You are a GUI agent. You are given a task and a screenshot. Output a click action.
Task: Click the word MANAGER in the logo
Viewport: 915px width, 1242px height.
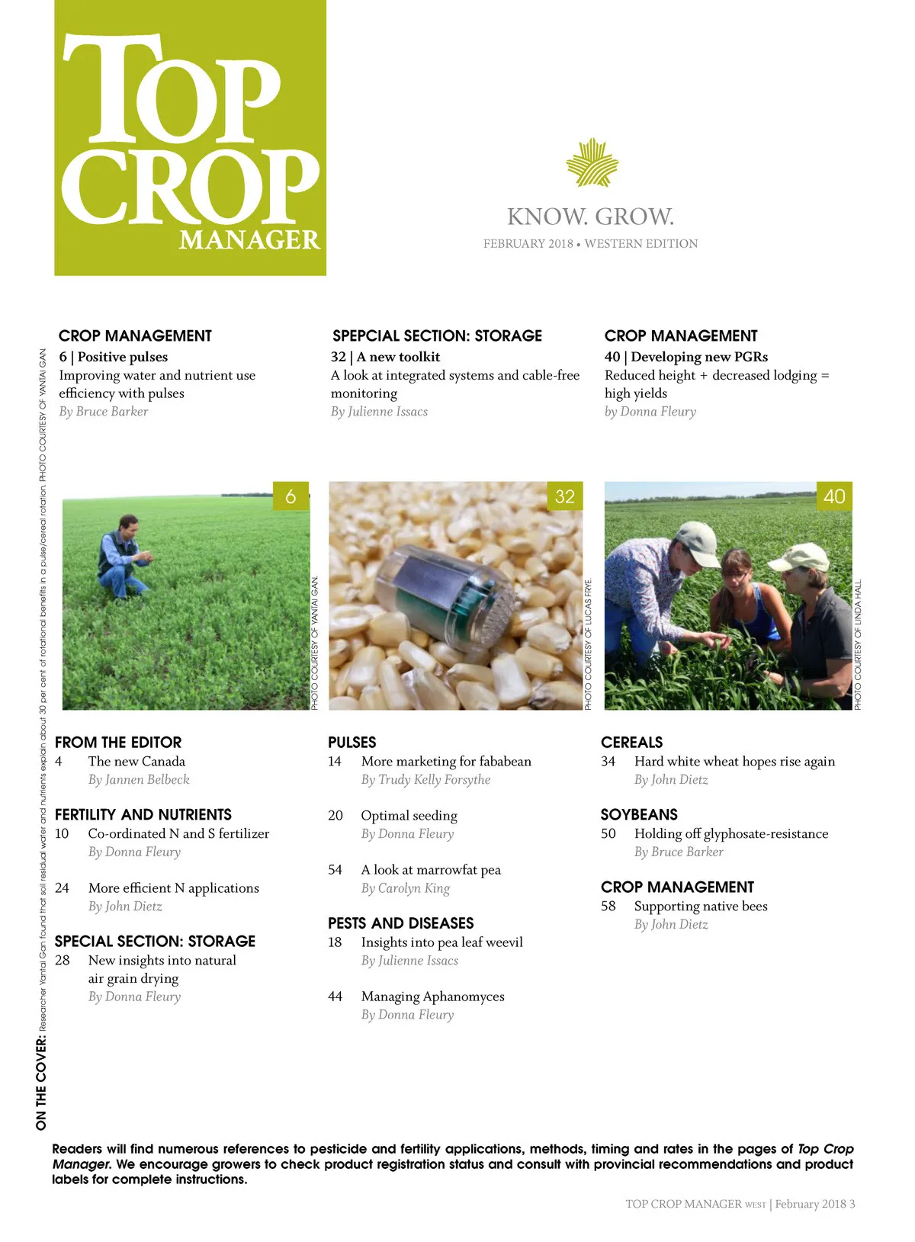click(x=249, y=240)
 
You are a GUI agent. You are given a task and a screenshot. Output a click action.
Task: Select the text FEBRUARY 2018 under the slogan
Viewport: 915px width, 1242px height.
click(x=528, y=244)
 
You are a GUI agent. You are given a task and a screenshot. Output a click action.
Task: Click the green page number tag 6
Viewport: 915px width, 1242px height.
click(x=291, y=496)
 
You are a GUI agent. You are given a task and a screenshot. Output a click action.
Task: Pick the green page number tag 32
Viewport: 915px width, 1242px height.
click(x=564, y=496)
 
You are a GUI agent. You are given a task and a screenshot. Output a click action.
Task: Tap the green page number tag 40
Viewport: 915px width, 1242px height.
click(x=834, y=496)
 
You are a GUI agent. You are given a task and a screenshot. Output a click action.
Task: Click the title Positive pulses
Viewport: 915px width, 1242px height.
click(x=123, y=357)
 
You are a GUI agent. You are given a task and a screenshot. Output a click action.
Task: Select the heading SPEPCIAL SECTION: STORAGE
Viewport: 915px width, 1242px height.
click(x=437, y=336)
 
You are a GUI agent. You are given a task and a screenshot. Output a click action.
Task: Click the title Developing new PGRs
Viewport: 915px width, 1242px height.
click(x=699, y=357)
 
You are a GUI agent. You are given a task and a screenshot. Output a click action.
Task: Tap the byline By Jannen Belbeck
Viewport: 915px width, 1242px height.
click(x=139, y=780)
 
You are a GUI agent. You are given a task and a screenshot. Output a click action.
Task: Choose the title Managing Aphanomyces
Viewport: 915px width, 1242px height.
click(x=432, y=996)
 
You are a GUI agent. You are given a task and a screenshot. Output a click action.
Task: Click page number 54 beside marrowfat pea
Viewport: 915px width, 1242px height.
click(x=335, y=870)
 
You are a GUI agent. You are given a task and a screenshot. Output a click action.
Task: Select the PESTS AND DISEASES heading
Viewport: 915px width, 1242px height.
click(x=401, y=923)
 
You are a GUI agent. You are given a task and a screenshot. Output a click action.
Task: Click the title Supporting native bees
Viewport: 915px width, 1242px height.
click(x=701, y=907)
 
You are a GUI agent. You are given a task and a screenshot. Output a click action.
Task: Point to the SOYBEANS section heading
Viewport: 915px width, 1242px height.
click(x=639, y=815)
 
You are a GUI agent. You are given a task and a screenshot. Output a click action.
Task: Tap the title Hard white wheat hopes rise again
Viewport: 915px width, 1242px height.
click(x=734, y=762)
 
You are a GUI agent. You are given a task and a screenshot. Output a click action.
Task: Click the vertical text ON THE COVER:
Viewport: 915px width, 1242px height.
click(x=41, y=1083)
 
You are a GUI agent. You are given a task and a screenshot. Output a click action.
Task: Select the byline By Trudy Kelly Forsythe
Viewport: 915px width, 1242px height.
click(x=425, y=780)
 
